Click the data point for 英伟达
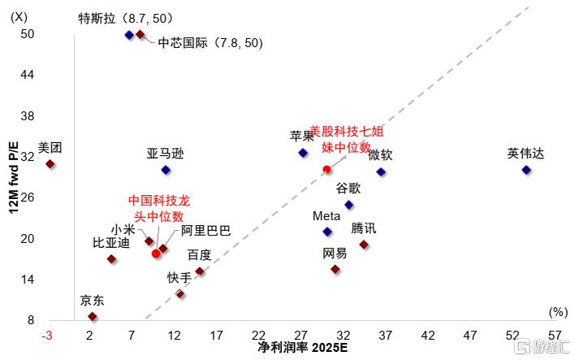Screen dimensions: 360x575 click(526, 170)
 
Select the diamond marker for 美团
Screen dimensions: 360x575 click(50, 164)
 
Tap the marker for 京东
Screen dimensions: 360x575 click(92, 316)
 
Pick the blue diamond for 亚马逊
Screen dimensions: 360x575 click(166, 170)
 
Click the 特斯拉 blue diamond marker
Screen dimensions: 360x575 click(129, 35)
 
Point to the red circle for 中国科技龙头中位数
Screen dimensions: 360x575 click(156, 254)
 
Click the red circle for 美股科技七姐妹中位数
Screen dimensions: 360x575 click(326, 169)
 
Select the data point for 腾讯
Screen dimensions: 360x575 click(364, 245)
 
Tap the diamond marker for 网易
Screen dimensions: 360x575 click(335, 269)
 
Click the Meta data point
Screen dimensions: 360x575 click(327, 232)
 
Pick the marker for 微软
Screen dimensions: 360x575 click(381, 171)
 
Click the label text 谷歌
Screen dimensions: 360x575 click(349, 189)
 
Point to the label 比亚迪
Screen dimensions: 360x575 click(111, 243)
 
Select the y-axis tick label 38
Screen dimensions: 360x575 click(28, 115)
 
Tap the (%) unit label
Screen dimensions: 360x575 click(557, 311)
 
